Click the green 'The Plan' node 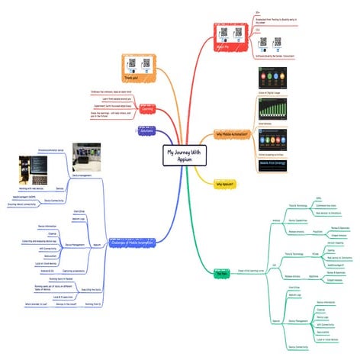coord(222,272)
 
